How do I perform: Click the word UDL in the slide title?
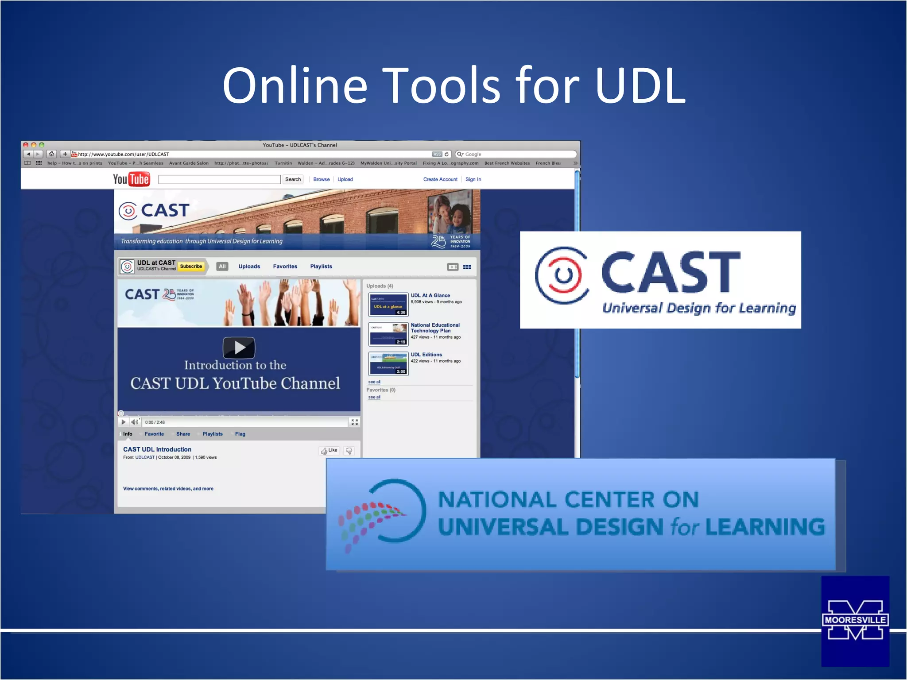pos(640,85)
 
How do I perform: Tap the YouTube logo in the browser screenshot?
pos(131,179)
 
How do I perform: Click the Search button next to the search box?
pos(293,179)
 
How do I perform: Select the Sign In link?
pos(473,179)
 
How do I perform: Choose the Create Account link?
pos(440,179)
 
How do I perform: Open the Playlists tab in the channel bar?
pos(321,267)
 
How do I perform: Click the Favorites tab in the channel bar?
pos(285,267)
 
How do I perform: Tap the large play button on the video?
pos(239,348)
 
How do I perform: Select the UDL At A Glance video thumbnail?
pos(388,305)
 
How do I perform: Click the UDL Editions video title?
pos(426,355)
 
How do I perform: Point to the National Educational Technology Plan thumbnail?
pos(388,334)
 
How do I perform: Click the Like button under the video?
pos(329,450)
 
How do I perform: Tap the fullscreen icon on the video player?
pos(355,422)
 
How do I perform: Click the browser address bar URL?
pos(124,154)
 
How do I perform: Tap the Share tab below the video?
pos(183,434)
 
